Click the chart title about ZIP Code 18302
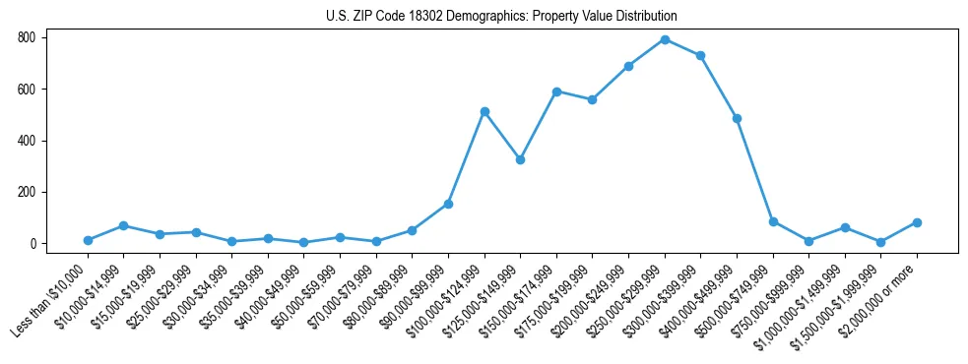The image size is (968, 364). point(501,17)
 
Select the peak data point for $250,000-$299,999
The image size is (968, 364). point(665,39)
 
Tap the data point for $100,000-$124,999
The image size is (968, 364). point(484,111)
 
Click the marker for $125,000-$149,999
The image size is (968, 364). point(520,159)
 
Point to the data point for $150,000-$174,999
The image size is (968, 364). point(556,91)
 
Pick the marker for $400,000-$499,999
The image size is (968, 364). point(737,118)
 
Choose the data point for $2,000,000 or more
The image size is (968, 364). point(917,222)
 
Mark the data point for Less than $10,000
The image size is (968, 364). point(88,240)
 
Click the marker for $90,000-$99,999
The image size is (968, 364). point(448,204)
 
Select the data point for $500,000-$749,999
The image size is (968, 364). point(773,221)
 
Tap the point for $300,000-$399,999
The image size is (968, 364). point(700,55)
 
